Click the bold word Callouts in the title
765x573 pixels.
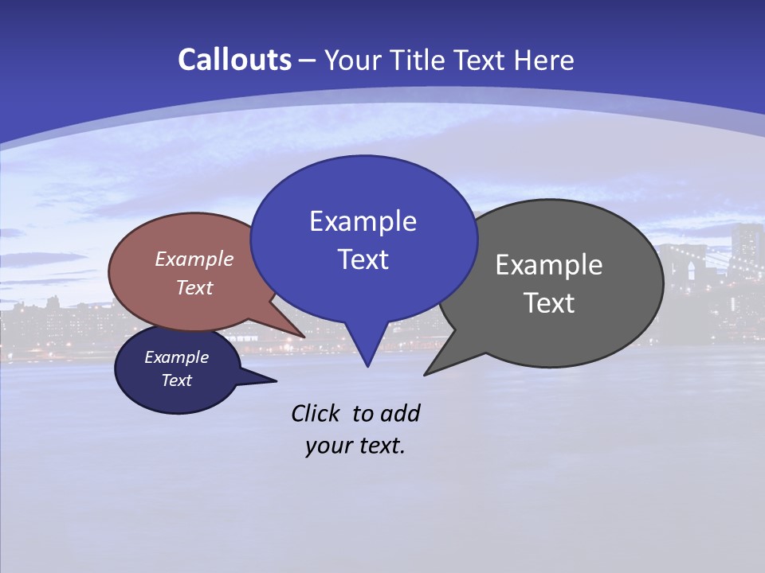pos(234,60)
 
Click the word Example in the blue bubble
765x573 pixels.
pos(363,221)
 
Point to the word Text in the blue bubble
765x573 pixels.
pos(363,259)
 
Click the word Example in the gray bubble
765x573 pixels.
pos(549,265)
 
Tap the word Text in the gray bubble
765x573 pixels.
pos(549,303)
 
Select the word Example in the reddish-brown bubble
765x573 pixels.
pos(194,259)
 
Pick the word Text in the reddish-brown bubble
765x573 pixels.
pos(194,287)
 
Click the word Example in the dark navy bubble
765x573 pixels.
pos(177,357)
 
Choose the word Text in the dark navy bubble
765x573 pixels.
pos(177,380)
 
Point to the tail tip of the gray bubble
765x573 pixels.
pos(426,374)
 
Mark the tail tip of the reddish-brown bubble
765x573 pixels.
pos(304,337)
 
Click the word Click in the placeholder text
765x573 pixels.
pos(316,413)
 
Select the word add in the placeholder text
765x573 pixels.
pos(400,413)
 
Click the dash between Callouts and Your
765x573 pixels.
pos(308,60)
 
